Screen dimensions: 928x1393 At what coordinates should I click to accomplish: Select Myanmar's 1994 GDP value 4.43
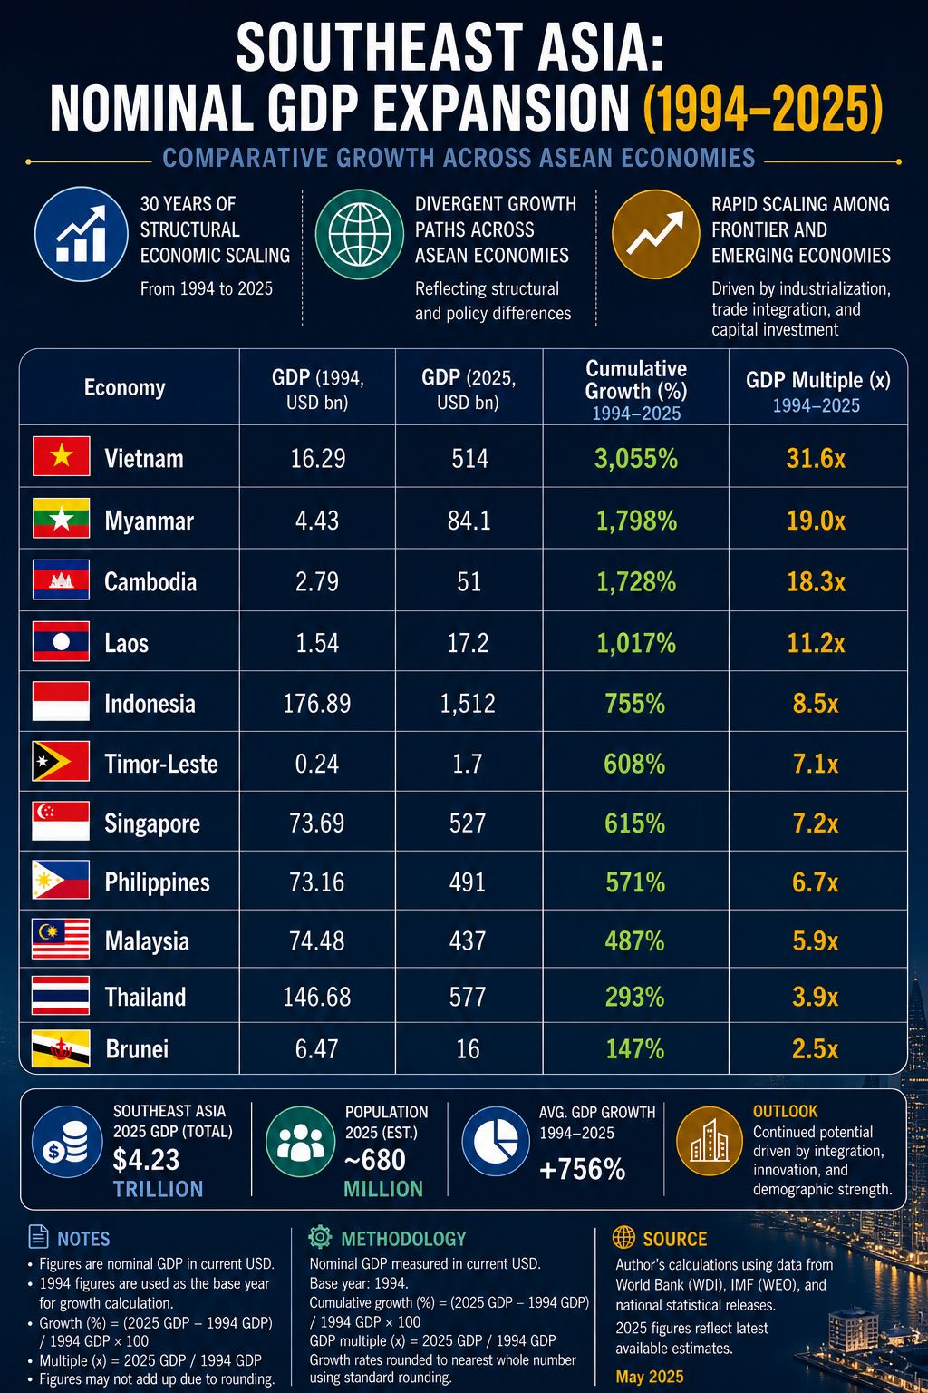(317, 521)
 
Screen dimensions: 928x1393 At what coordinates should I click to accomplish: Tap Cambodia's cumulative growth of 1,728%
(636, 582)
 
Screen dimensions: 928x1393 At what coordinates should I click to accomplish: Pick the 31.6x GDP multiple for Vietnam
(816, 459)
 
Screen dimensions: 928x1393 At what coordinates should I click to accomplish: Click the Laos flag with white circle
(61, 641)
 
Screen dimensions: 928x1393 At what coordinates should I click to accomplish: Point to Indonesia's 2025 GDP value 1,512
(468, 704)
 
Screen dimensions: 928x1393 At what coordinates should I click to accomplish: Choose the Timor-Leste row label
(161, 764)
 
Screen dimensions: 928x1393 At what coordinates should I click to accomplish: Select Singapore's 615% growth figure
(634, 823)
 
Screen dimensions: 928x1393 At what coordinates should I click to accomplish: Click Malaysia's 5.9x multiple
(816, 940)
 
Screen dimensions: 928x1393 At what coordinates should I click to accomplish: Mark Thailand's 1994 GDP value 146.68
(317, 998)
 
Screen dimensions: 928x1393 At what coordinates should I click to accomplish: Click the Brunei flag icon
(61, 1048)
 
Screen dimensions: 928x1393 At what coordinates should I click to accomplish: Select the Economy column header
(125, 387)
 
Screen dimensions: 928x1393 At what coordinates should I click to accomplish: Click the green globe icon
(359, 235)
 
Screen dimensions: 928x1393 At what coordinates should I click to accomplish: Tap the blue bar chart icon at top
(81, 235)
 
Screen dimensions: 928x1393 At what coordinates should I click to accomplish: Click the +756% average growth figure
(583, 1170)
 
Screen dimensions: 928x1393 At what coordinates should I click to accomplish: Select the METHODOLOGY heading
(403, 1239)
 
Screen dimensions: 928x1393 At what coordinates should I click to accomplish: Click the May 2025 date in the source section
(650, 1377)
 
